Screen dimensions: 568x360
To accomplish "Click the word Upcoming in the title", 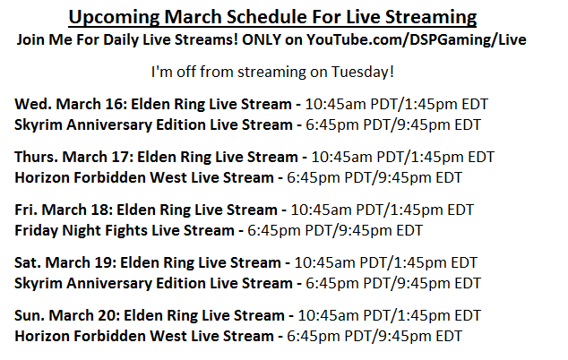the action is click(x=114, y=17).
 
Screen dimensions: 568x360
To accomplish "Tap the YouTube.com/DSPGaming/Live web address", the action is click(x=417, y=39).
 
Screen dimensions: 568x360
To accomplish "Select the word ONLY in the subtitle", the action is click(x=262, y=39).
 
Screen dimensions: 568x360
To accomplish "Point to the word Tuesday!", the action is click(x=363, y=72).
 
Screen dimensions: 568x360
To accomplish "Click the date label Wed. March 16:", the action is click(x=71, y=104).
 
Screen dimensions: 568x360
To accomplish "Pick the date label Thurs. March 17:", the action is click(x=73, y=158).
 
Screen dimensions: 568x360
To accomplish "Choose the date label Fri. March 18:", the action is click(x=64, y=210).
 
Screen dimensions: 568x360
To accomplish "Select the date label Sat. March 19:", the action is click(x=65, y=263).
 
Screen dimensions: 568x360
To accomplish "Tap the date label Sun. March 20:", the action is click(x=67, y=316).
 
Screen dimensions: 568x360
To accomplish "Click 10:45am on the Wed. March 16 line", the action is click(x=335, y=104).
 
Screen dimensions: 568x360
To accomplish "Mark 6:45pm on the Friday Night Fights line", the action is click(x=274, y=231).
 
